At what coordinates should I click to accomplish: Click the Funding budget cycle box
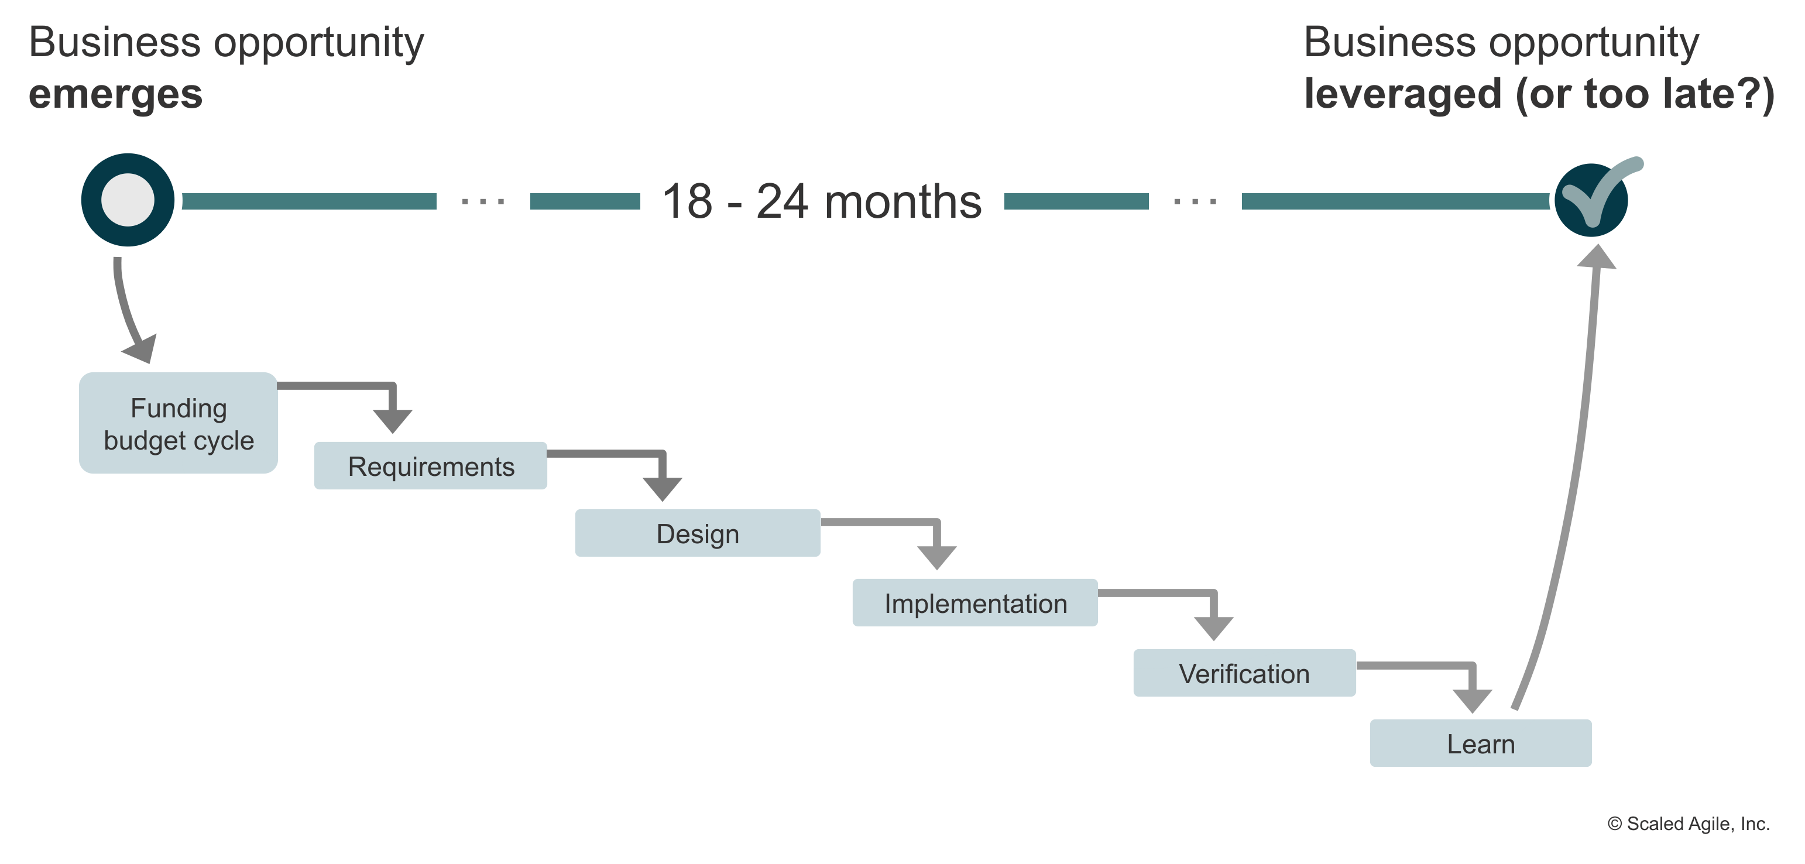point(178,423)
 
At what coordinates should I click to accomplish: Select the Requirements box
point(431,466)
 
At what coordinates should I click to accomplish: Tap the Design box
point(697,533)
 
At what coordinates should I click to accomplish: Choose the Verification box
point(1244,673)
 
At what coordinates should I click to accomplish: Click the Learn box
point(1481,743)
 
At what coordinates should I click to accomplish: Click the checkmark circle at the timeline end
point(1591,200)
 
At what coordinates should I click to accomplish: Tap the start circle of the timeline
point(129,200)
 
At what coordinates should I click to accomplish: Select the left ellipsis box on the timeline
point(483,182)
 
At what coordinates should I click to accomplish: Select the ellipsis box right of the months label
point(1195,182)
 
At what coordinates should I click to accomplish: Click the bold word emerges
point(116,94)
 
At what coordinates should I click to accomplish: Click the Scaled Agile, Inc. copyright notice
point(1689,824)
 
